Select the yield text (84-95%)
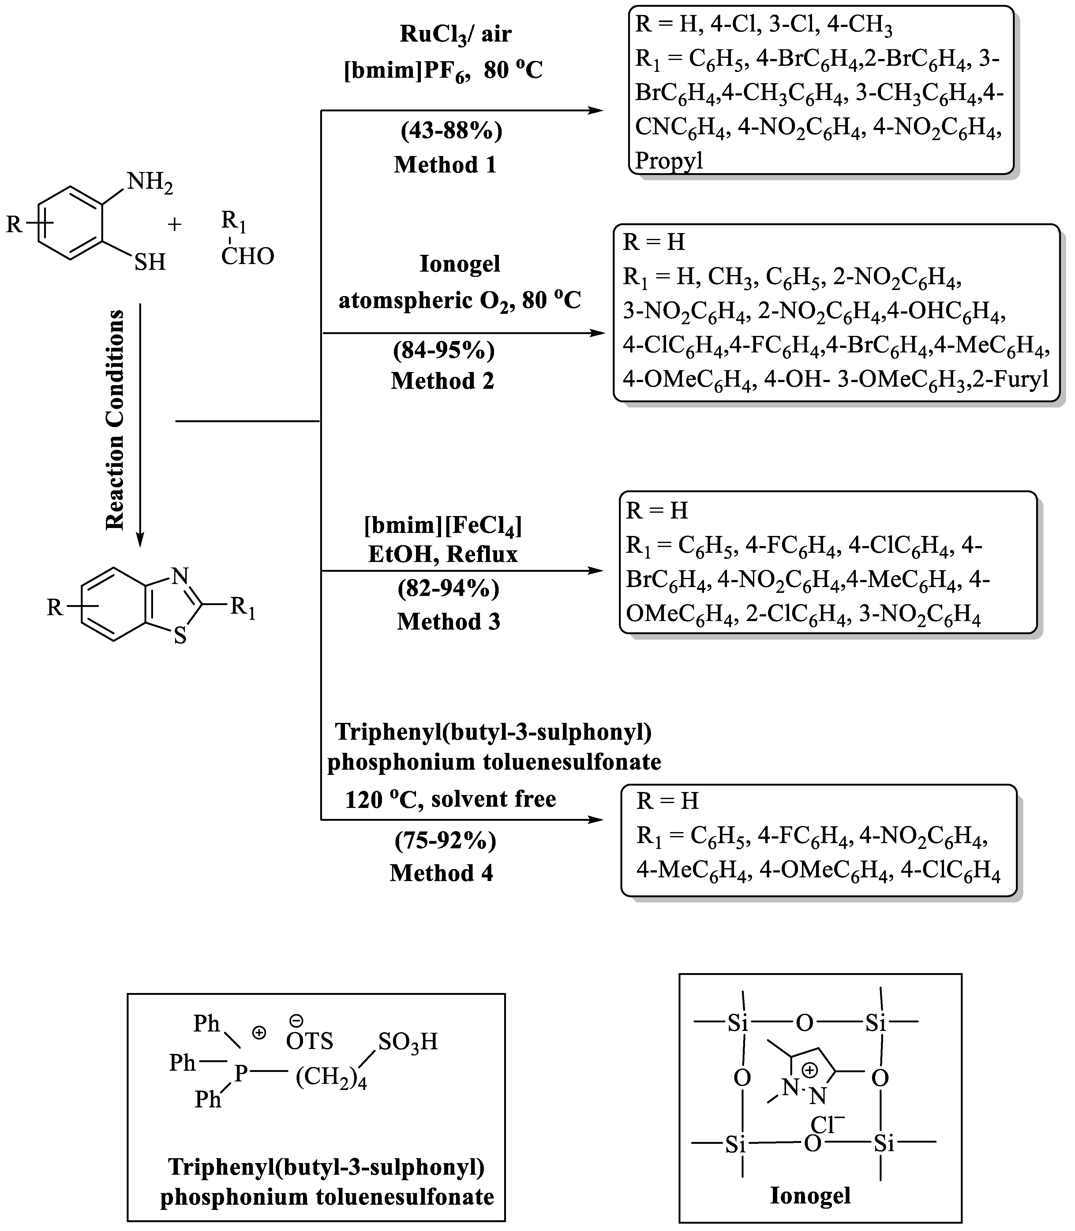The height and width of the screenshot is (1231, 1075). [x=444, y=350]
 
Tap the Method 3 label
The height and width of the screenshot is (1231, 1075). [x=448, y=622]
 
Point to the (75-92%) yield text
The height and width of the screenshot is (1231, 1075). [x=445, y=841]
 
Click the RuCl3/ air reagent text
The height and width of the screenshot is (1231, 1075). [x=455, y=34]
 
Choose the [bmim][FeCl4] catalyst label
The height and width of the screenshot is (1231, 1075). [x=443, y=526]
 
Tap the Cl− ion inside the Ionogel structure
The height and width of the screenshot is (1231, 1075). [x=827, y=1125]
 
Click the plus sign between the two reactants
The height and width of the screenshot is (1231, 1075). [x=174, y=225]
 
